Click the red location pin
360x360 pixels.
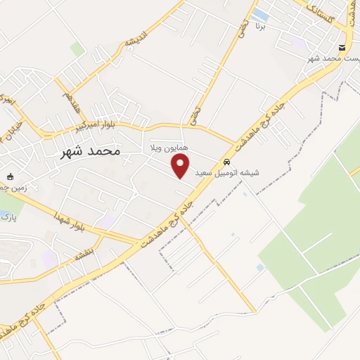pos(181,166)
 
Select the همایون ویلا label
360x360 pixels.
pos(166,149)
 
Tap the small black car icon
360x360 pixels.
pos(226,161)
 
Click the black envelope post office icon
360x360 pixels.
pos(342,47)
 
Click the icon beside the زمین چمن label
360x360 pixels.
pos(10,176)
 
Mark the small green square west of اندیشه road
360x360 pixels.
pos(77,49)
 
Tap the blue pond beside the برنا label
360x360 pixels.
pos(259,14)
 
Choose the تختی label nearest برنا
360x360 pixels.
pos(243,29)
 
